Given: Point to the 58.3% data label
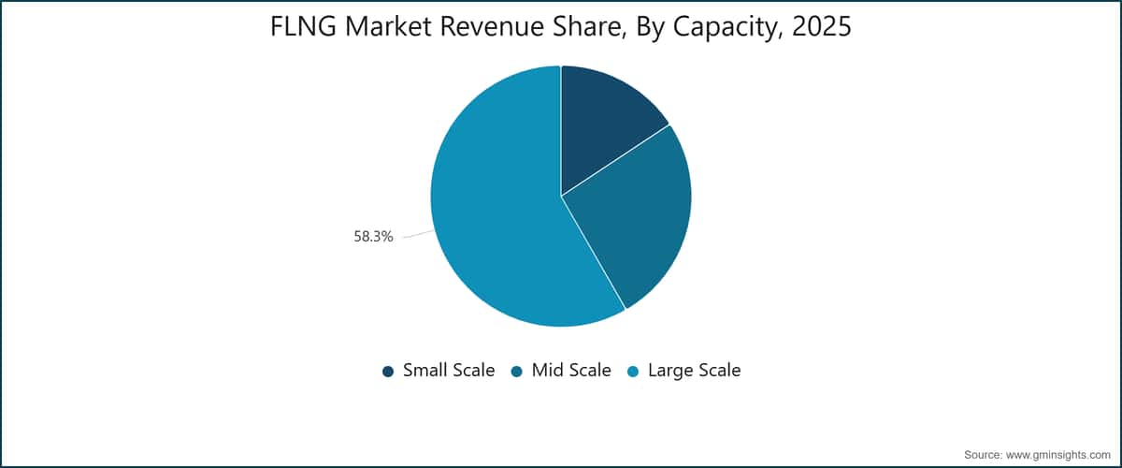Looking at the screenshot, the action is [373, 236].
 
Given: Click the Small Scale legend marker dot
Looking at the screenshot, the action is [388, 372].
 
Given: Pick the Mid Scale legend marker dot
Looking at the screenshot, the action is [517, 372].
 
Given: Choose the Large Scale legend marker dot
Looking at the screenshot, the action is [633, 372].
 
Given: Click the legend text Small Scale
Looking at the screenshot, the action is [449, 370].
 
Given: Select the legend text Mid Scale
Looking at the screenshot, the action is [571, 370].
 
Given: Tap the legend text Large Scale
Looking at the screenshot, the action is [694, 371].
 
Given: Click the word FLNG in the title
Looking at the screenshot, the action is [303, 26].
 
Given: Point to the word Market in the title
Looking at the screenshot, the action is [388, 26].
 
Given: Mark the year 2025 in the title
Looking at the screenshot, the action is [822, 26].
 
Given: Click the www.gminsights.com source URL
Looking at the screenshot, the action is [1057, 455].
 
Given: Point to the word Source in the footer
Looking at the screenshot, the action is [982, 455].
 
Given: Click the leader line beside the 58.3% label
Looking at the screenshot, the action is [419, 234].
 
